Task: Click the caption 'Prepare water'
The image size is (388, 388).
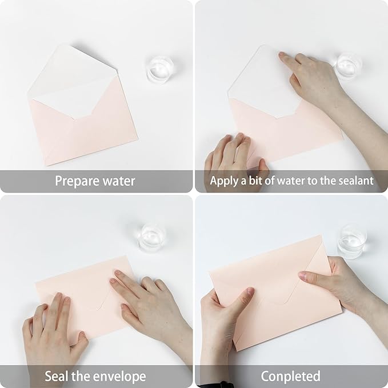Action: tap(95, 181)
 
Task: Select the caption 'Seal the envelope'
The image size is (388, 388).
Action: tap(95, 377)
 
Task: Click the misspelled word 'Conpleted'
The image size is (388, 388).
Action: tap(290, 377)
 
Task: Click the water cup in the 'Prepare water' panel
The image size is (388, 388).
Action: tap(159, 69)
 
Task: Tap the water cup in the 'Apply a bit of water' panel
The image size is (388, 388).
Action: tap(348, 66)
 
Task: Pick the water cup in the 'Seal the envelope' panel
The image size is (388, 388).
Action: tap(152, 237)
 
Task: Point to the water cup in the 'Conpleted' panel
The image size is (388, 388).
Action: tap(350, 241)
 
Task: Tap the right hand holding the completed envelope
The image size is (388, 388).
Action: tap(337, 283)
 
